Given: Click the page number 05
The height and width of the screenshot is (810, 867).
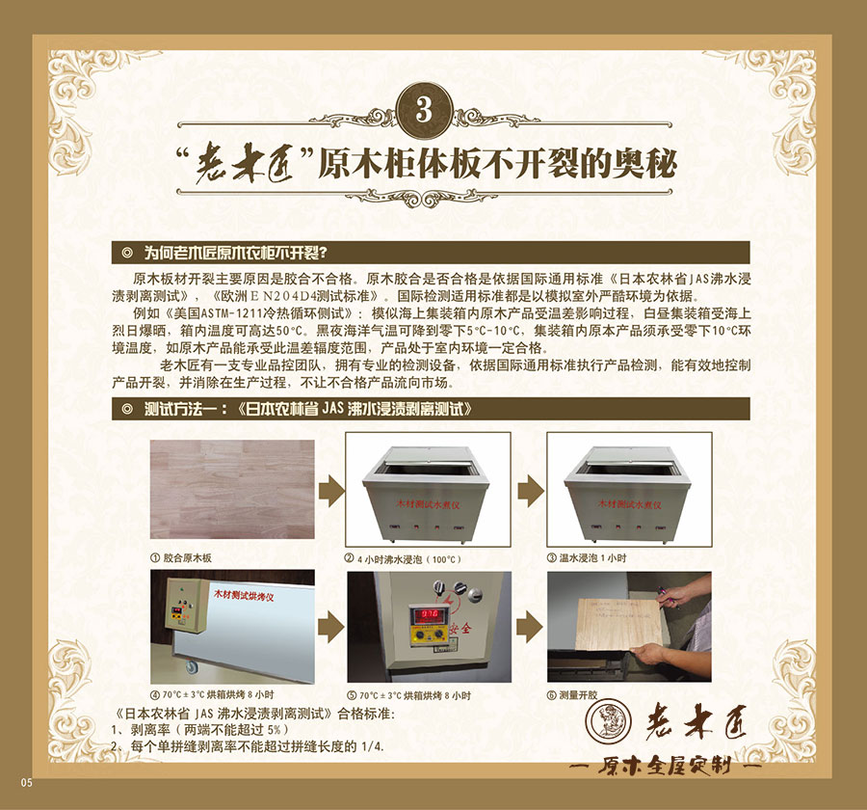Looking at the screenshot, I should tap(26, 782).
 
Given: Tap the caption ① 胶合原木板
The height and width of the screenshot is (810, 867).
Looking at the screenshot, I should tap(181, 558).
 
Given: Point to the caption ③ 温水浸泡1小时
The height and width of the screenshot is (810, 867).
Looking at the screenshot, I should tap(587, 558).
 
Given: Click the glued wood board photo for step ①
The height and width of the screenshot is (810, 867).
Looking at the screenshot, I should tap(231, 490).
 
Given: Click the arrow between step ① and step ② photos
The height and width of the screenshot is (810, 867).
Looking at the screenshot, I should tap(330, 490).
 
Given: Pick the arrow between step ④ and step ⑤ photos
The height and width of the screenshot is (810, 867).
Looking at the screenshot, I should tap(330, 627).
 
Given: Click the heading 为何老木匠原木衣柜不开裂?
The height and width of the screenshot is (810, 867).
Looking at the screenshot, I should tap(236, 254).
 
